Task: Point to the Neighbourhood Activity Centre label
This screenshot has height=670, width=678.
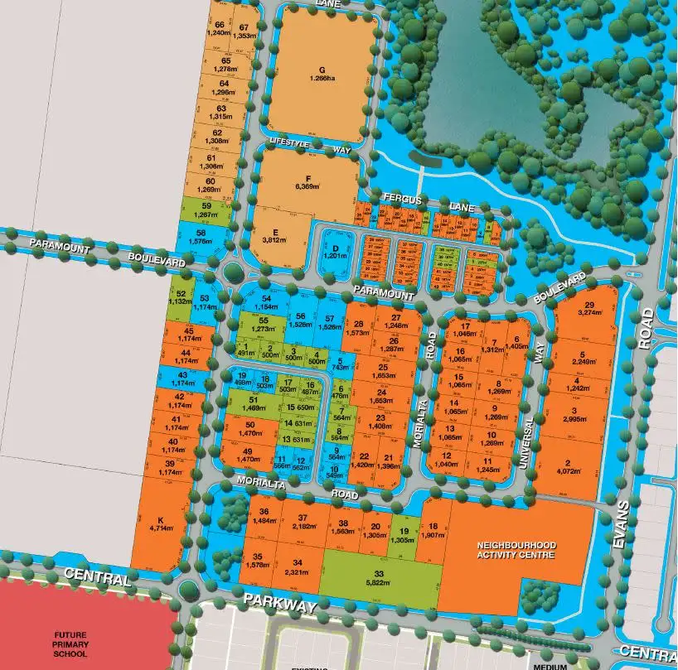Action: tap(516, 551)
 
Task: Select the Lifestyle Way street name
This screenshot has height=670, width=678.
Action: tap(300, 147)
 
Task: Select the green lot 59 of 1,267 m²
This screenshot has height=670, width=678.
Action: tap(207, 210)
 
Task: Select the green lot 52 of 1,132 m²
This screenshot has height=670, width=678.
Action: tap(181, 297)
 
